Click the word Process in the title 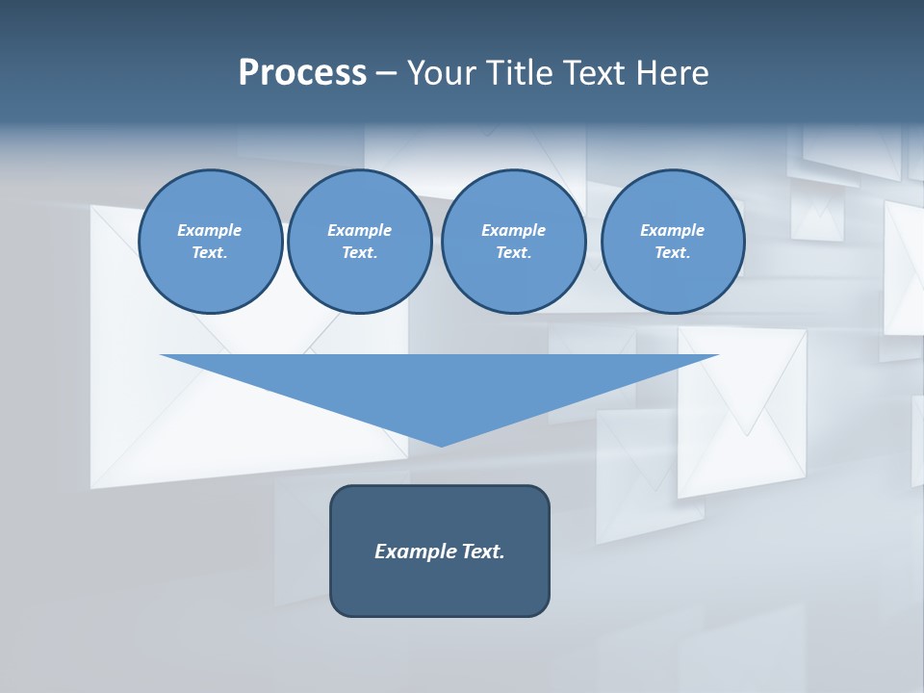coord(302,72)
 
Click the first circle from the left coord(210,241)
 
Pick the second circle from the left coord(359,241)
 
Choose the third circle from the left coord(513,241)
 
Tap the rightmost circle coord(672,241)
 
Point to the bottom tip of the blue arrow coord(441,445)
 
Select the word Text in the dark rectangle coord(482,552)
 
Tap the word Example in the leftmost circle coord(210,230)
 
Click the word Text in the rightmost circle coord(672,252)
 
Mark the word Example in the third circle coord(513,230)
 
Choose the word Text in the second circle coord(359,252)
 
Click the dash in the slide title coord(387,73)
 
